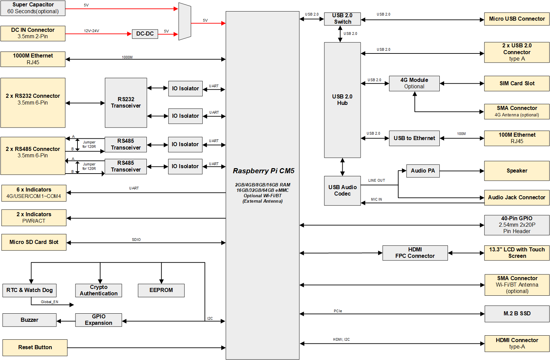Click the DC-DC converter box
pos(145,34)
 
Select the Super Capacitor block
pos(33,8)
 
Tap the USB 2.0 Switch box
pos(342,19)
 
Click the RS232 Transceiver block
pos(126,103)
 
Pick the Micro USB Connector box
pos(517,19)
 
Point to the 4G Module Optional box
pos(414,83)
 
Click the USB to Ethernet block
pos(414,138)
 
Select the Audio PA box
pos(422,171)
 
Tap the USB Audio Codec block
pos(342,190)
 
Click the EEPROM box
pos(161,290)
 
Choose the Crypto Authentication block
pos(98,290)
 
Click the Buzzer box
pos(29,320)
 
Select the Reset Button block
pos(35,347)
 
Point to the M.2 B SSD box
pos(517,314)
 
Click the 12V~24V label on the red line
pos(91,31)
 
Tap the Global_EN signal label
pos(49,302)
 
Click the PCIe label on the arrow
pos(338,311)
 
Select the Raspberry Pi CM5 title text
pos(263,171)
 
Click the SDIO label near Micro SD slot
pos(136,240)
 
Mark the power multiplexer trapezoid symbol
pos(185,21)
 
